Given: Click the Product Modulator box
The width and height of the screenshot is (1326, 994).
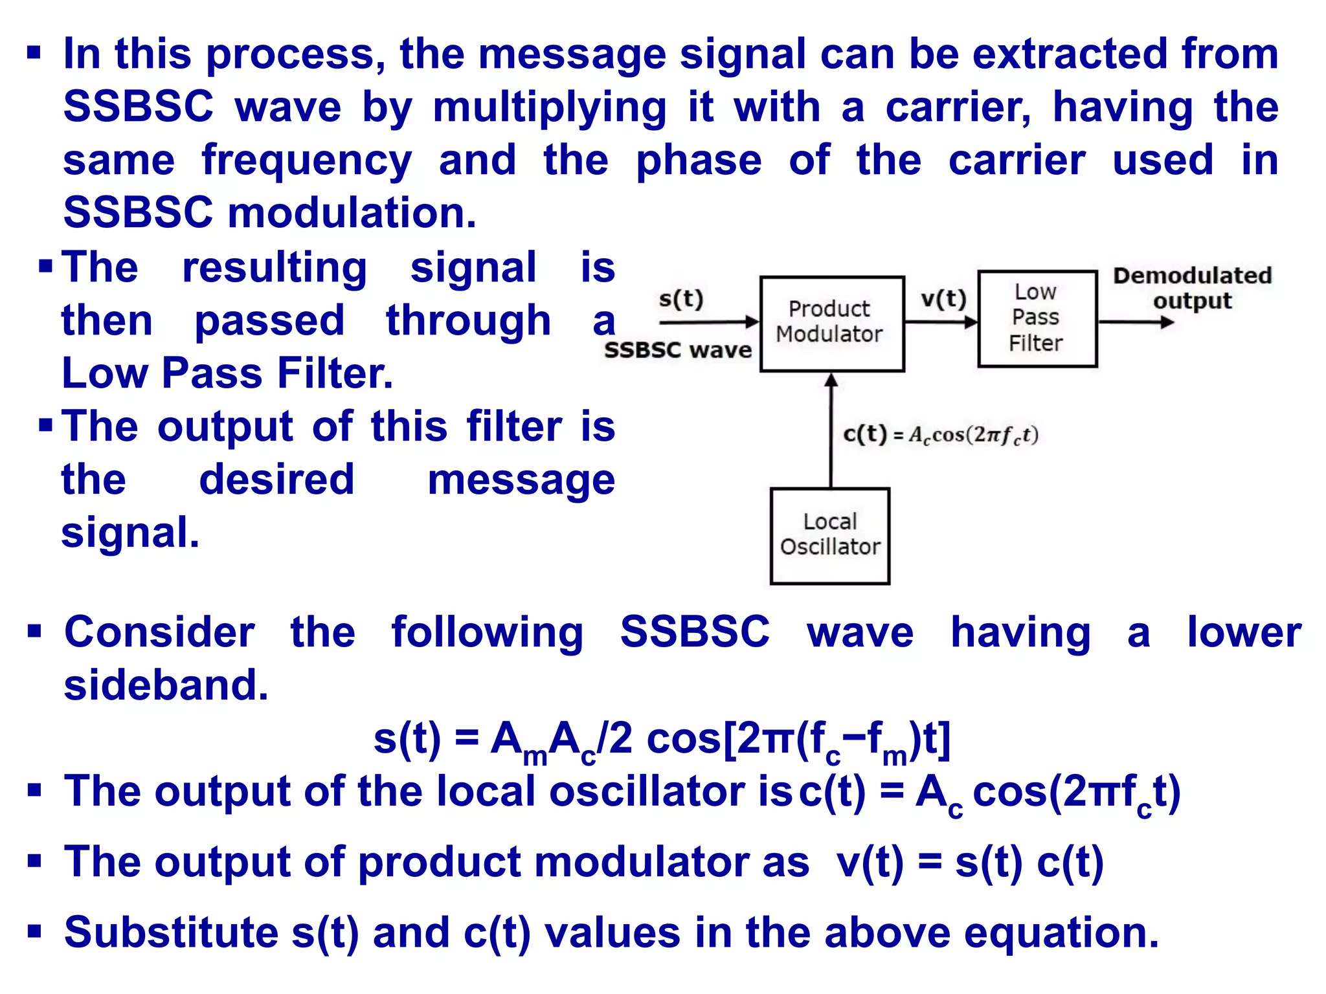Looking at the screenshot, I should (831, 324).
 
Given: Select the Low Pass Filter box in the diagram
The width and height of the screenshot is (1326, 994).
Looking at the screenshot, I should (1037, 318).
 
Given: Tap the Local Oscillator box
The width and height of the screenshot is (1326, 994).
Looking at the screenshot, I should (829, 536).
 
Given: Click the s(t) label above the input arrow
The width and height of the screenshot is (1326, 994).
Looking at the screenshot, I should (680, 299).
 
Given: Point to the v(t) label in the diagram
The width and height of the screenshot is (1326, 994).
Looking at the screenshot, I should (943, 299).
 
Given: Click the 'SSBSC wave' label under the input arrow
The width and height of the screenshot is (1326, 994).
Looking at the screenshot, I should (678, 350).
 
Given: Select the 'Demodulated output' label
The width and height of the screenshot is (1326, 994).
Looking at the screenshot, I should (1192, 288).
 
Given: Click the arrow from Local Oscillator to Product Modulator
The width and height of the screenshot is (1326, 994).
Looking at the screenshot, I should (831, 430).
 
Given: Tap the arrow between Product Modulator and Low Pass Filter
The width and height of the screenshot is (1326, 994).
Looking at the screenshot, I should (941, 322).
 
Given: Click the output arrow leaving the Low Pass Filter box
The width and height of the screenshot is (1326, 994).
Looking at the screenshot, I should (1136, 322).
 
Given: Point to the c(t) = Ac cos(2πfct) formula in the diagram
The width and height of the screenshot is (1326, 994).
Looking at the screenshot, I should (941, 435).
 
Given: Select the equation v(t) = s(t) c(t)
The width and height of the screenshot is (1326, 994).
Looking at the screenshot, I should (969, 863).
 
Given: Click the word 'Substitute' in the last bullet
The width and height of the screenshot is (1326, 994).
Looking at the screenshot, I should (171, 933).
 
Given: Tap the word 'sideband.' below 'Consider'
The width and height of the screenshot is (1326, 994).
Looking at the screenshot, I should (166, 685).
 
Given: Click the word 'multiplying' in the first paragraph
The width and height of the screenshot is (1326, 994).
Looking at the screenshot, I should (550, 107).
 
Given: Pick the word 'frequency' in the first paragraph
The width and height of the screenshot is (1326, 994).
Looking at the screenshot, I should (306, 161).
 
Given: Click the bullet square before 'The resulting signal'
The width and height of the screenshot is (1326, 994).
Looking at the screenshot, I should (45, 265).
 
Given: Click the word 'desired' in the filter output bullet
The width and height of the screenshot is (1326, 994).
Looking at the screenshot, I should (276, 480).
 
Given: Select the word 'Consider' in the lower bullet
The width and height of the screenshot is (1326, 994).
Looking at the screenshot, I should (159, 632).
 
